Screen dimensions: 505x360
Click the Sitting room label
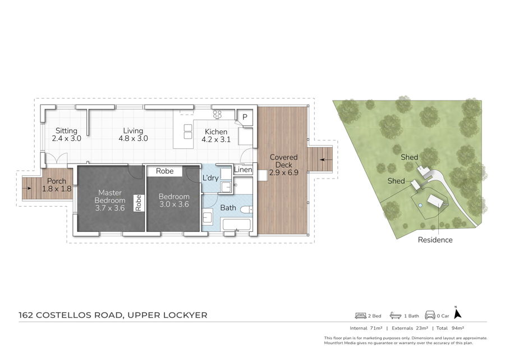coord(66,130)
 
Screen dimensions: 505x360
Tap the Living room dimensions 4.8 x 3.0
coord(133,138)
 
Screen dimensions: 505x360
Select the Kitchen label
coord(216,131)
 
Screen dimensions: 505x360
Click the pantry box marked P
coord(245,117)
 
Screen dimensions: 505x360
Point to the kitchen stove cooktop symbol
coord(217,114)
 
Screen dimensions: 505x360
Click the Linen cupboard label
coord(243,170)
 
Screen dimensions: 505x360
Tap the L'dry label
coord(210,177)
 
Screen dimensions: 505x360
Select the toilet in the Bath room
coord(246,210)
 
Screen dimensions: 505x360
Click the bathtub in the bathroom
coord(236,225)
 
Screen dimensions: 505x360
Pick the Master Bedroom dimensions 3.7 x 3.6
coord(110,208)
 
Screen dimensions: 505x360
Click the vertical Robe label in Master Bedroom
coord(139,203)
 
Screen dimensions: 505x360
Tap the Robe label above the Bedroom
coord(164,171)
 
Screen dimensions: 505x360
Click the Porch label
coord(56,181)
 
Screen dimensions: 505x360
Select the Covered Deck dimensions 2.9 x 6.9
coord(284,172)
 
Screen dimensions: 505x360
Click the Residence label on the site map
coord(435,240)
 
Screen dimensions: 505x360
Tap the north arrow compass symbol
coord(457,313)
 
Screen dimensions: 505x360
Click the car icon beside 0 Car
coord(430,315)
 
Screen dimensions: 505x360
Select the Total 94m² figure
coord(450,328)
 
